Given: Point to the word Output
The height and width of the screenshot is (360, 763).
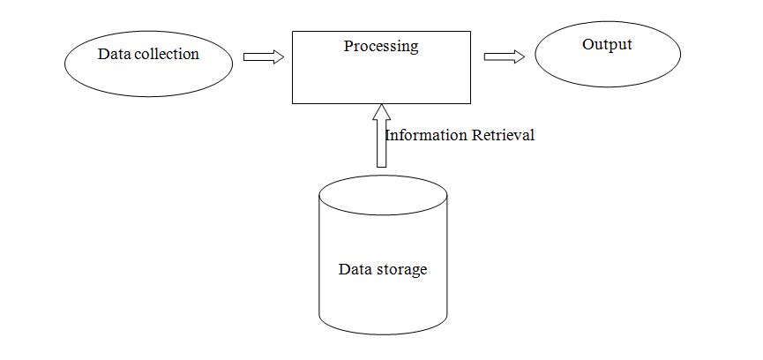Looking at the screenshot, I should click(x=607, y=44).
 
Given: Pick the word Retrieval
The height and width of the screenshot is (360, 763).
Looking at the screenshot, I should click(x=502, y=136).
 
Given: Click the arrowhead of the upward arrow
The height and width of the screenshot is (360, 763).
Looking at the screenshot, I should click(x=380, y=111).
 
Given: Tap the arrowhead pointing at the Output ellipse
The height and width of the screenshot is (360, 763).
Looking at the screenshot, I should click(x=518, y=56).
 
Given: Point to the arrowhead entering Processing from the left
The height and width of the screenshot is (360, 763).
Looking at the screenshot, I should click(x=278, y=56).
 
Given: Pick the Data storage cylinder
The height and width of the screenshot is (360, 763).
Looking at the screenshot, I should click(x=383, y=300).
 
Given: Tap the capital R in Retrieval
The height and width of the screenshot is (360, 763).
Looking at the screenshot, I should click(x=476, y=136).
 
